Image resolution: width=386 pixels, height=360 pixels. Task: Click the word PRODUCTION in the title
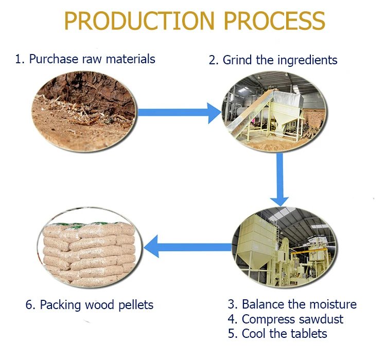[x=138, y=21]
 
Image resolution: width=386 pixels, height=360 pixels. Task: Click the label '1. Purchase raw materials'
[x=85, y=59]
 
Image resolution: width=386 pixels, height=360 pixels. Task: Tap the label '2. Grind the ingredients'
[x=273, y=60]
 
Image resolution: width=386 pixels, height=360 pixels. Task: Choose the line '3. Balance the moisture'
[x=292, y=304]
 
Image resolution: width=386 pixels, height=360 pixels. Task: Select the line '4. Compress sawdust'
[x=285, y=319]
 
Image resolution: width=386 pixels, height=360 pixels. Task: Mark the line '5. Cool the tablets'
[x=277, y=334]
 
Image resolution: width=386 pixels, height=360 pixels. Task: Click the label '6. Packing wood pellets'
[x=90, y=305]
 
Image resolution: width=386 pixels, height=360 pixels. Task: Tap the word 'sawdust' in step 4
[x=321, y=319]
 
